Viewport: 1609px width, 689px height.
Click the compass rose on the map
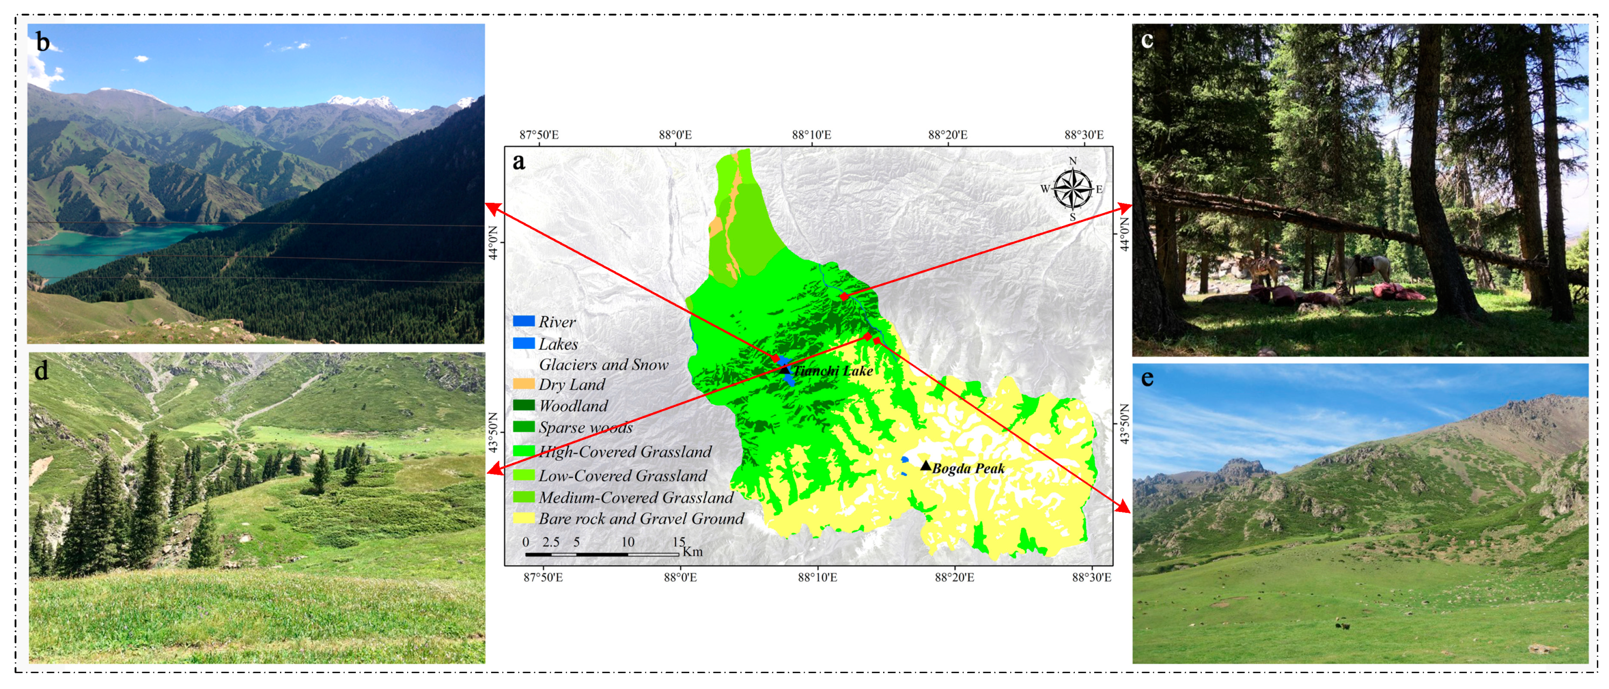(1073, 189)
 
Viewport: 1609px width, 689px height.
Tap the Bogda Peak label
(968, 469)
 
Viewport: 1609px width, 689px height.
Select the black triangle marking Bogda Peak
(926, 466)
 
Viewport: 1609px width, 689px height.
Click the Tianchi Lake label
(833, 371)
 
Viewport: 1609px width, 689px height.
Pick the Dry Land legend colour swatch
(524, 384)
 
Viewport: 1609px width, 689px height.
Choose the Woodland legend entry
(573, 406)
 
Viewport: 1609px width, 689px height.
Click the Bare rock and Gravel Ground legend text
(641, 518)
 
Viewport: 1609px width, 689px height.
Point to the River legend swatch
(524, 321)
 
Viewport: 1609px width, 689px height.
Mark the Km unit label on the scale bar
(692, 552)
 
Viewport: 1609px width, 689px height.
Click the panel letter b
(43, 43)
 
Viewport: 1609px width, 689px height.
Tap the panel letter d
(41, 371)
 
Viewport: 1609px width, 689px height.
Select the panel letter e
(1147, 379)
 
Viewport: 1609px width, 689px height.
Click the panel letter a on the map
(519, 162)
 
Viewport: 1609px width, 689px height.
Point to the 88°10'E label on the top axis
(812, 135)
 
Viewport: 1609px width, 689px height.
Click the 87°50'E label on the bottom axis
(543, 577)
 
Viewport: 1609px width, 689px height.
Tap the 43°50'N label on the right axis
(1125, 424)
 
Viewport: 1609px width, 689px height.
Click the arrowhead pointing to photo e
(1125, 509)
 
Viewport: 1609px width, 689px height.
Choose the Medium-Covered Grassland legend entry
(635, 497)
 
